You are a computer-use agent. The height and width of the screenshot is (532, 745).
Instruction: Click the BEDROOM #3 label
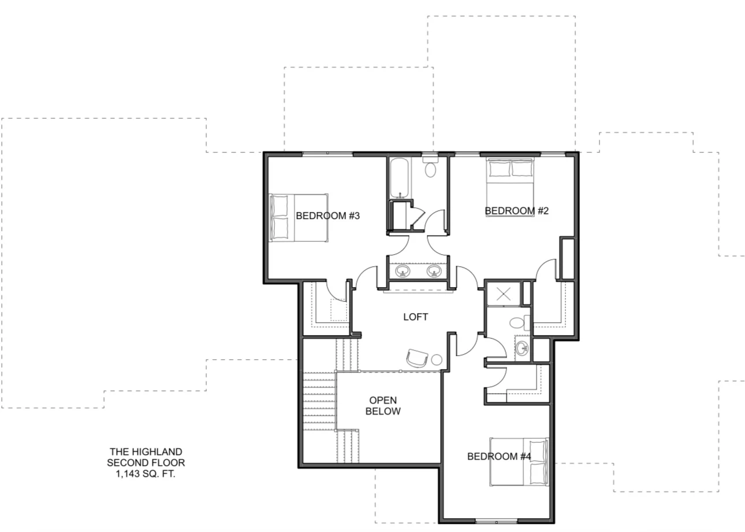click(x=327, y=215)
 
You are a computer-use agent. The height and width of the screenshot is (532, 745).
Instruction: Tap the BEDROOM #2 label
click(x=516, y=211)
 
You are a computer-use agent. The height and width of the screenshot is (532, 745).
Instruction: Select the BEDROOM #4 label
click(x=499, y=456)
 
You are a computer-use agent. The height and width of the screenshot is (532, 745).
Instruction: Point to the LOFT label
click(x=415, y=317)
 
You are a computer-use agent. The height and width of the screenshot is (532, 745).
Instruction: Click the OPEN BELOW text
click(x=383, y=405)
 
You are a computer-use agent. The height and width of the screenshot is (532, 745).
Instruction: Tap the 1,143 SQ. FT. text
click(x=146, y=474)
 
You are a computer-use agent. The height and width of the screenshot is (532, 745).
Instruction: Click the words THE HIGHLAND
click(x=146, y=452)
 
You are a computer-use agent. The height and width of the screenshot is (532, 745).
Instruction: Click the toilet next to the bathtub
click(x=430, y=166)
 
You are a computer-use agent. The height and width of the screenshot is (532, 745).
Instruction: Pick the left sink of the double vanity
click(x=403, y=270)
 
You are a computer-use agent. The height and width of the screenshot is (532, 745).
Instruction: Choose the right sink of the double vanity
click(x=434, y=270)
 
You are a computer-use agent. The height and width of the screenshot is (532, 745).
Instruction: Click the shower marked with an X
click(x=503, y=294)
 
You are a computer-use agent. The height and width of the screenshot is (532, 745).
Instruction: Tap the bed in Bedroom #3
click(x=299, y=218)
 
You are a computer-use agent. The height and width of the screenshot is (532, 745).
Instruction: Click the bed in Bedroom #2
click(x=510, y=187)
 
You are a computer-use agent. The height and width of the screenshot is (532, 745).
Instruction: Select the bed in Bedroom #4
click(x=519, y=462)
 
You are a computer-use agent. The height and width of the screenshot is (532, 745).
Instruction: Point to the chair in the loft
click(x=417, y=358)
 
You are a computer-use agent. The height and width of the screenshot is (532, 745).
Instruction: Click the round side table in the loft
click(x=437, y=360)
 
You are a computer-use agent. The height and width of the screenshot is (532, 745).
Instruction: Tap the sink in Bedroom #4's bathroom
click(x=522, y=348)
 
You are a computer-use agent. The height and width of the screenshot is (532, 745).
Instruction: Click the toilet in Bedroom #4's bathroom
click(x=520, y=322)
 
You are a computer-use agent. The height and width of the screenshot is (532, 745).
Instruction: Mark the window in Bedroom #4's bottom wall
click(x=496, y=522)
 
